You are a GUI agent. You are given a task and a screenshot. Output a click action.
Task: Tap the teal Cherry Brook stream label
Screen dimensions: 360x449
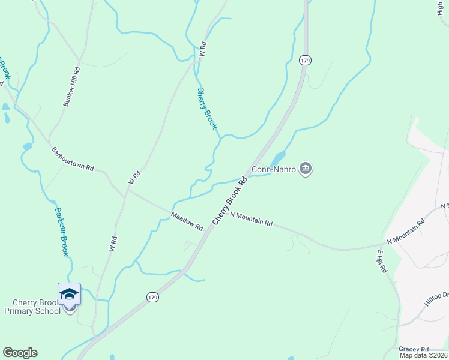pos(206,109)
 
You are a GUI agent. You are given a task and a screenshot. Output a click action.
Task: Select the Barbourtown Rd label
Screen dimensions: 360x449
pos(73,158)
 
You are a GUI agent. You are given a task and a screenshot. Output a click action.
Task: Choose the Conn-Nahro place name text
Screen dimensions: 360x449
pos(274,170)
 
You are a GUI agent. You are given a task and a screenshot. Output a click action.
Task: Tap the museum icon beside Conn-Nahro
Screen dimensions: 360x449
pos(306,169)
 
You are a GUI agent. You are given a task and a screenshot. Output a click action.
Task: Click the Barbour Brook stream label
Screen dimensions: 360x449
pos(61,232)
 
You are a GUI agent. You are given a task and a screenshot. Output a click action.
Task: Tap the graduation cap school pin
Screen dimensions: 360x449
pos(69,294)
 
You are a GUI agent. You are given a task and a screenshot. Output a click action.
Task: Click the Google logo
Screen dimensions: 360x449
pos(20,353)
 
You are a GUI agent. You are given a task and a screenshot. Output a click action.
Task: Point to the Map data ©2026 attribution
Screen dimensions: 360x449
pos(424,355)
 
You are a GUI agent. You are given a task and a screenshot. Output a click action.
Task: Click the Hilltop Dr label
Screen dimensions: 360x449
pos(437,299)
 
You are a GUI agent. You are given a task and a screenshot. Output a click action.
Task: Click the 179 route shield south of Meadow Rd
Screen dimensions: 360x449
pos(152,297)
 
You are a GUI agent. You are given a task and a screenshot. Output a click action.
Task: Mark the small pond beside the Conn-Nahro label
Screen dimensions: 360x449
pos(277,158)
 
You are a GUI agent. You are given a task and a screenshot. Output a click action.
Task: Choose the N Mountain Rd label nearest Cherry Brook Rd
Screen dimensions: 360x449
pos(251,219)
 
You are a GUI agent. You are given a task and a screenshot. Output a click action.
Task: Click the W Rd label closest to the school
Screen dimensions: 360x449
pos(112,243)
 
